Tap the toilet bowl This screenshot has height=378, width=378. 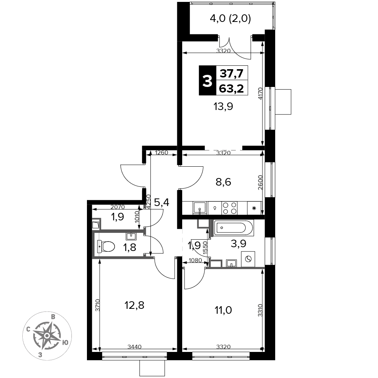(x=106, y=246)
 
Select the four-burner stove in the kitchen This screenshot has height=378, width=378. (x=229, y=208)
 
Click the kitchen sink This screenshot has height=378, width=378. (x=200, y=208)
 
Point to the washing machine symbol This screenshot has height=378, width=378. (x=248, y=259)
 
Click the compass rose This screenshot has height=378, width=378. (x=47, y=335)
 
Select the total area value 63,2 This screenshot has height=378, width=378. (x=231, y=88)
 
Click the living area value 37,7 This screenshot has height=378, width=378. (x=231, y=73)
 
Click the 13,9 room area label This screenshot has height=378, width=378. (x=223, y=106)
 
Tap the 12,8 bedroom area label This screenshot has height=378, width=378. (x=134, y=305)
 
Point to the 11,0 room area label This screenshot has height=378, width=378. (x=223, y=310)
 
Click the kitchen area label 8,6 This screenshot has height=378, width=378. (x=223, y=182)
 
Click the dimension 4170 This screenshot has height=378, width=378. (x=260, y=94)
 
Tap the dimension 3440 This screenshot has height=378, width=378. (x=135, y=347)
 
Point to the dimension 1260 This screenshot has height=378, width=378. (x=161, y=153)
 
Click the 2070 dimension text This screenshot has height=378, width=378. (x=118, y=207)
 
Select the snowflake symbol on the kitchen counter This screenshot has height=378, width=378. (x=254, y=208)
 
